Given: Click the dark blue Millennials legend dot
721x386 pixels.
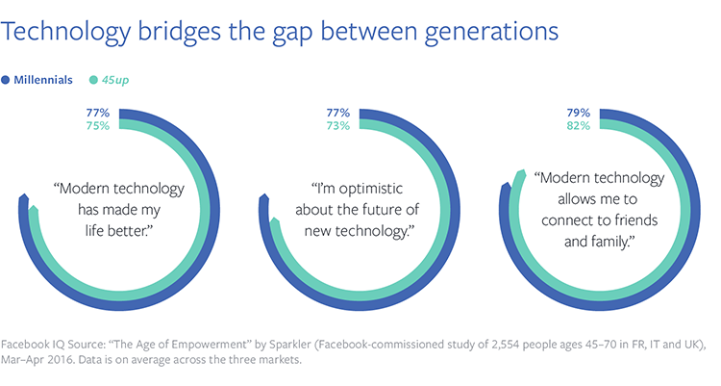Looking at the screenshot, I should [8, 80].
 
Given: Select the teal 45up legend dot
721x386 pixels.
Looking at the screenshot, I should [92, 80].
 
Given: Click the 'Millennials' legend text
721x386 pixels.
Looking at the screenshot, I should [43, 80].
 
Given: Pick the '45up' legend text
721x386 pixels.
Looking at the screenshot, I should [116, 80].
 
